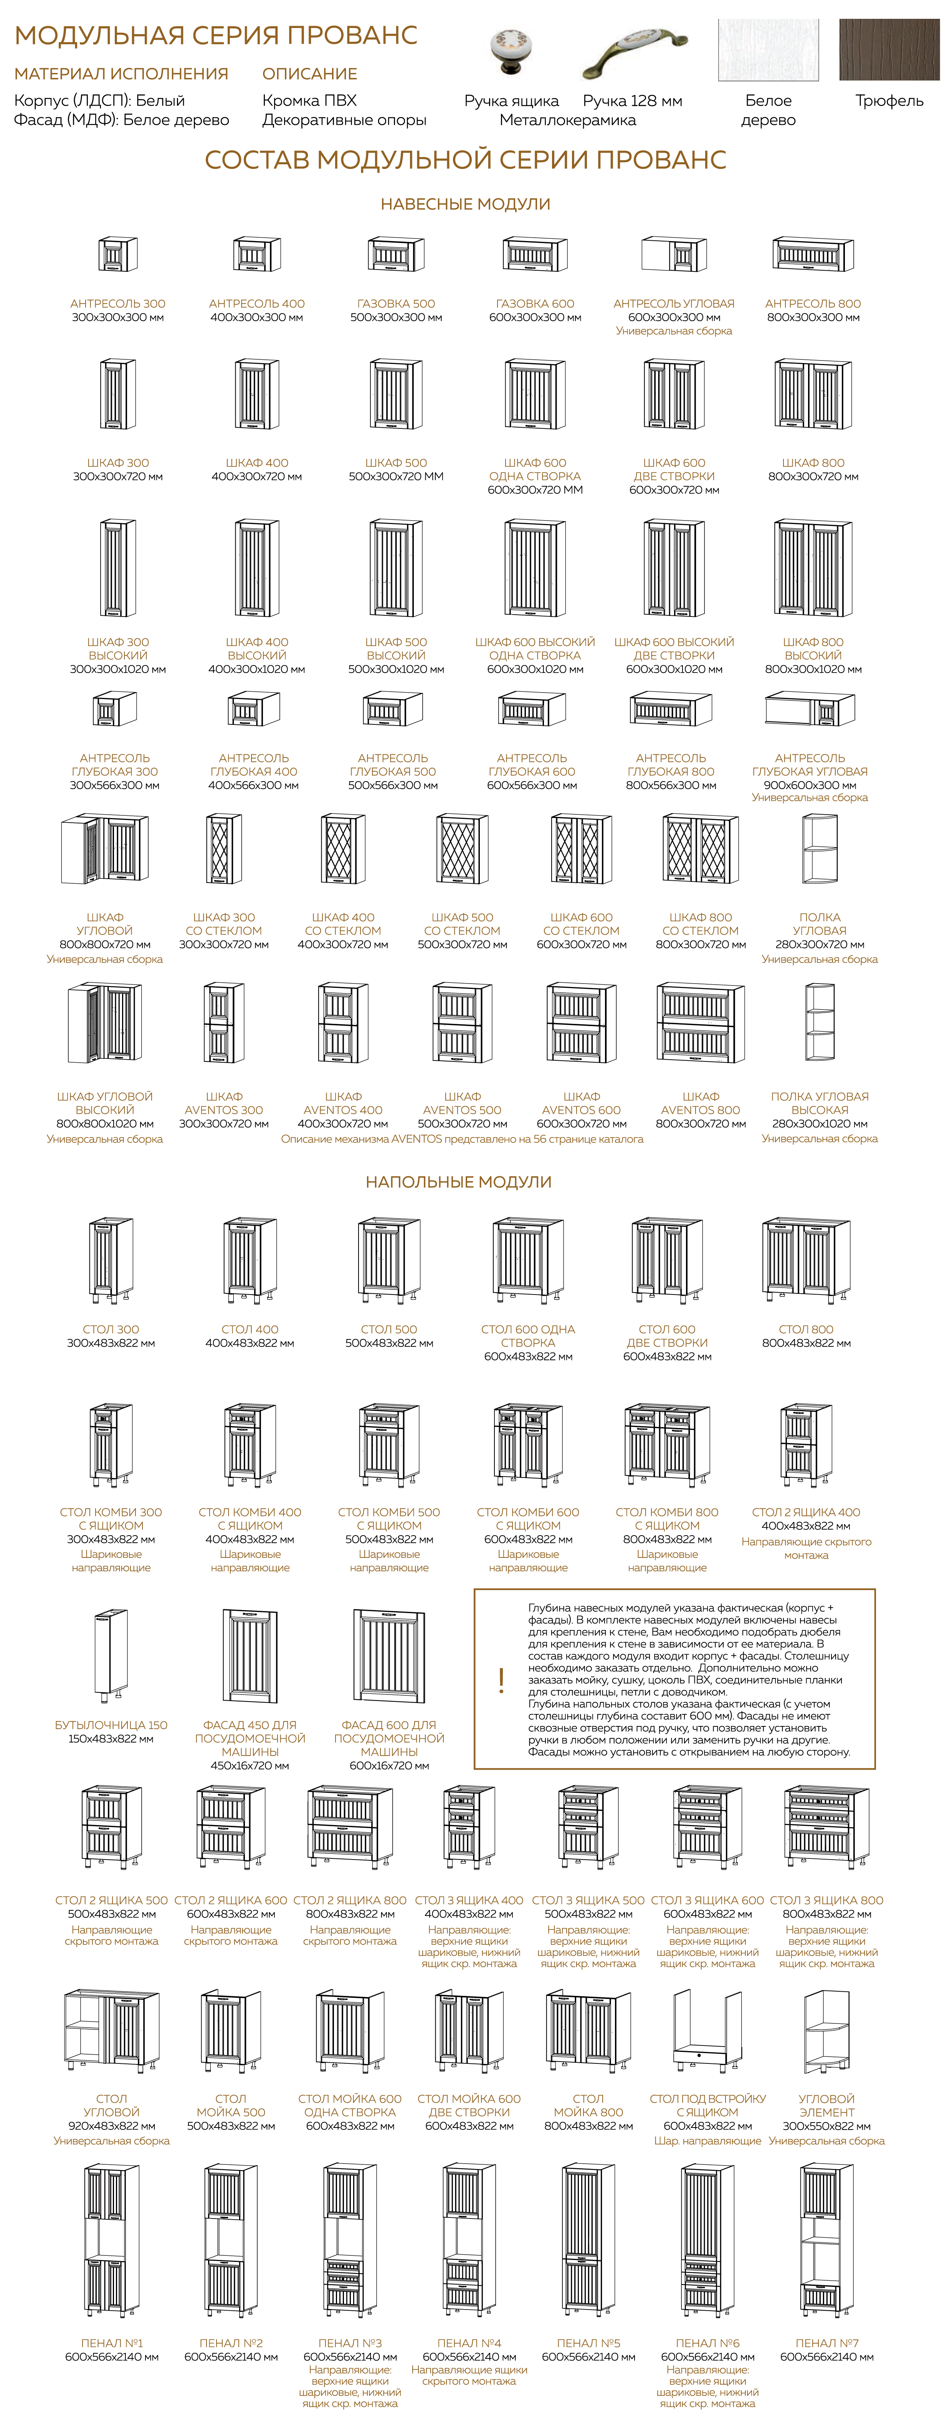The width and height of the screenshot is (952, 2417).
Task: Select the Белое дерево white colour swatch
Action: [767, 50]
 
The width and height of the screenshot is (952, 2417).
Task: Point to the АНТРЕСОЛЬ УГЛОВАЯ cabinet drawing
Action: [673, 254]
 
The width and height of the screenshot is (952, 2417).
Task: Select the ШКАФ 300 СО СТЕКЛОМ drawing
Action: [223, 849]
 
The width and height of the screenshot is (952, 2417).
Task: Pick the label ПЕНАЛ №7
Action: [826, 2343]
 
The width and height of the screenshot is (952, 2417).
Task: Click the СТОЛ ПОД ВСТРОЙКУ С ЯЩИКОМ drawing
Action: [707, 2031]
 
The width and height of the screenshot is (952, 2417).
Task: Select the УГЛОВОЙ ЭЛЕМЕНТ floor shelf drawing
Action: [826, 2031]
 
